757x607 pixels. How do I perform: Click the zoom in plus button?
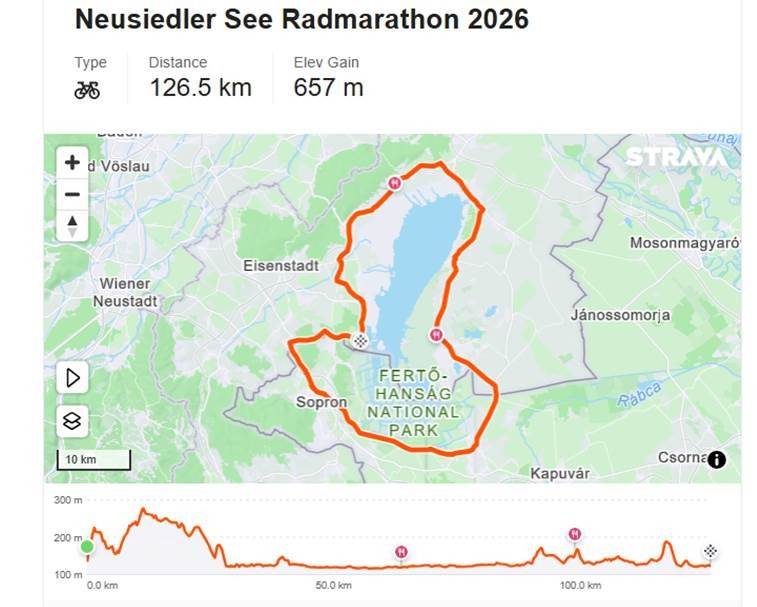(72, 162)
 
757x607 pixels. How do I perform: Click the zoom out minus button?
(72, 194)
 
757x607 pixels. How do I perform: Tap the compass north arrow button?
(72, 226)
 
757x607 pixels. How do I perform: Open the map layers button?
(72, 420)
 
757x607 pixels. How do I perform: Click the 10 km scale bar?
(93, 460)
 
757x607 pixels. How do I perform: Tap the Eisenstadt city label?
(281, 266)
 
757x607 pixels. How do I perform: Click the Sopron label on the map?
(321, 403)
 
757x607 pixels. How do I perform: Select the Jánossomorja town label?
(620, 315)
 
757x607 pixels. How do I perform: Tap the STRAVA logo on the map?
(676, 157)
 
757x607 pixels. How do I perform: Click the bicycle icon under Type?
(87, 90)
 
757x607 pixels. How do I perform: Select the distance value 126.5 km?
(200, 88)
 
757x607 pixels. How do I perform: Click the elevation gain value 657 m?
(328, 88)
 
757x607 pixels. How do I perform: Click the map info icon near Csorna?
(716, 460)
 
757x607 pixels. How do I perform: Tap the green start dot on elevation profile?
(87, 546)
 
